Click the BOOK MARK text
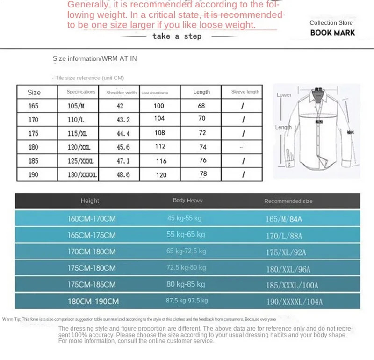coord(332,33)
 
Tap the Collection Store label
coord(331,22)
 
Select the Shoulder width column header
coord(121,93)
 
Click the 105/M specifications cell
coord(76,106)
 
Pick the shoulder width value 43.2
coord(122,120)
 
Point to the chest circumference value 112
coord(160,146)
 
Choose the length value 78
coord(203,174)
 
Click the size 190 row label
coord(34,174)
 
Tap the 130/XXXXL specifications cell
coord(82,175)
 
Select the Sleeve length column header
coord(245,92)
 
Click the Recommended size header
coord(288,201)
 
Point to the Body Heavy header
coord(187,200)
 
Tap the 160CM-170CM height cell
coord(92,218)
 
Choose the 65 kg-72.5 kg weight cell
coord(186,251)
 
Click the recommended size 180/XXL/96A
coord(288,269)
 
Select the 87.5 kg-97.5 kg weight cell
coord(187,300)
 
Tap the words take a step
coord(177,36)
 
